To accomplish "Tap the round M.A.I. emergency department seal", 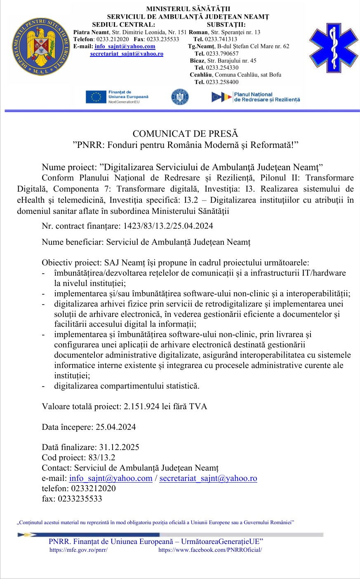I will pyautogui.click(x=40, y=47).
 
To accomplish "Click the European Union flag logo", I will pyautogui.click(x=96, y=97).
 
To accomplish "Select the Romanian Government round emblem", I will pyautogui.click(x=180, y=97).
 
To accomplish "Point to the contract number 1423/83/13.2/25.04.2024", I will pyautogui.click(x=166, y=226).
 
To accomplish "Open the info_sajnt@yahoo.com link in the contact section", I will pyautogui.click(x=111, y=478).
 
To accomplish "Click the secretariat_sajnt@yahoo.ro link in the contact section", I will pyautogui.click(x=208, y=478).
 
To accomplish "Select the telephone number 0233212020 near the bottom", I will pyautogui.click(x=93, y=488).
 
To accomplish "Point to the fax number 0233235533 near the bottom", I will pyautogui.click(x=80, y=499).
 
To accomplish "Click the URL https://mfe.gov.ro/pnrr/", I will pyautogui.click(x=78, y=550).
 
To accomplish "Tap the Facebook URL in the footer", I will pyautogui.click(x=210, y=550).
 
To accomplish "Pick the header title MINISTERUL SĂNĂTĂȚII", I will pyautogui.click(x=188, y=9).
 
